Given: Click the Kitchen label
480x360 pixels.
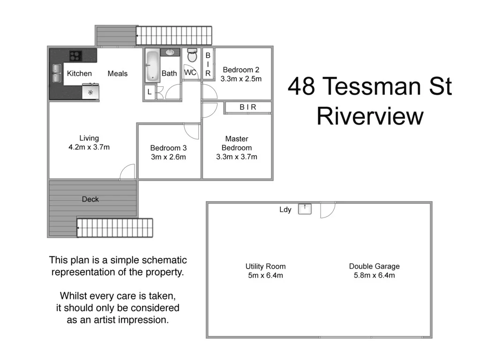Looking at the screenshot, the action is point(79,74).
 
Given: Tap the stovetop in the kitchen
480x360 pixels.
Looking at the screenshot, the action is point(75,56).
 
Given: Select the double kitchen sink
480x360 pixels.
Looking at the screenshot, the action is point(57,74).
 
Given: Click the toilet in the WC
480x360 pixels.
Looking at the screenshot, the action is point(192,56).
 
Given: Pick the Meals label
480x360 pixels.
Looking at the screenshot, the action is point(118,74).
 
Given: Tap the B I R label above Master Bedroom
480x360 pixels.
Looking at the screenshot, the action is point(248,107).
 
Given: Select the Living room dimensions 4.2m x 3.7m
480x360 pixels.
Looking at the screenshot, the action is point(89,147).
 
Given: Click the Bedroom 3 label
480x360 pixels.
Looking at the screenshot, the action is point(168,148).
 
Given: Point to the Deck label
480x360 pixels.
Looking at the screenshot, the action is point(90,199).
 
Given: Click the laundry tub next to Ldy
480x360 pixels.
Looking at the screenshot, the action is point(305,208).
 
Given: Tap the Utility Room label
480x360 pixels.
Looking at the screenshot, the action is point(265,266).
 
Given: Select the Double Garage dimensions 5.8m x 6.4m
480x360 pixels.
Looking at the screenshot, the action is point(374,275).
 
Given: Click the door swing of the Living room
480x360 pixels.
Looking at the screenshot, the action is point(128,172).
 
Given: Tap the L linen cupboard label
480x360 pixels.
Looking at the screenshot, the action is point(150,92).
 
